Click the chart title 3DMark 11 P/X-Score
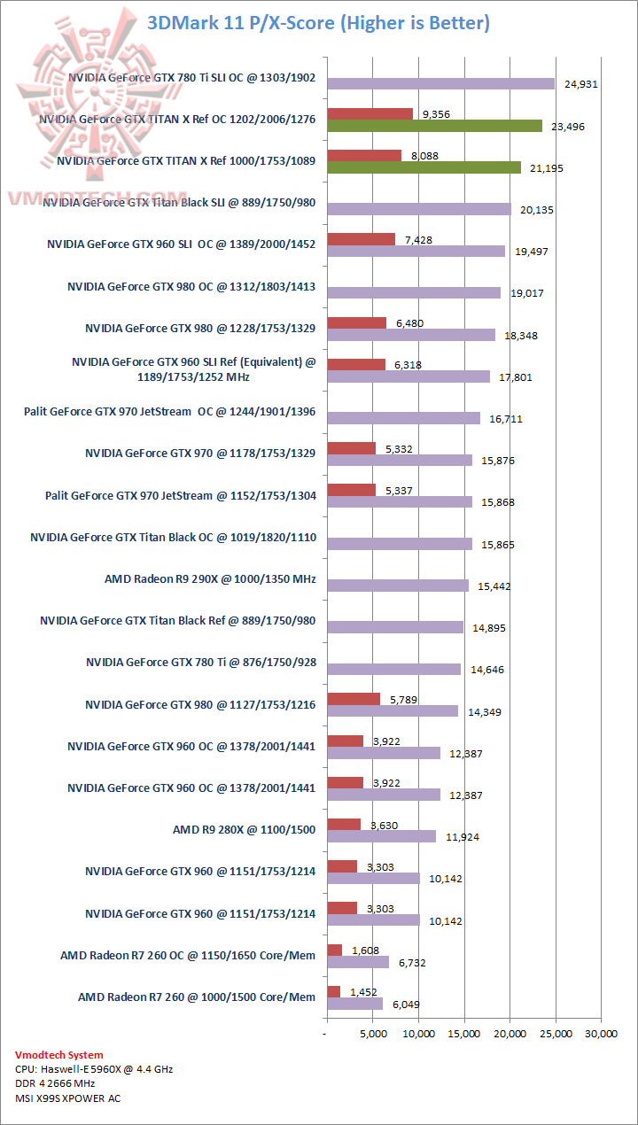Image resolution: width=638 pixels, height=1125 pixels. tap(318, 22)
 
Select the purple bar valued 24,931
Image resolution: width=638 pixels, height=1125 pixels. tap(440, 84)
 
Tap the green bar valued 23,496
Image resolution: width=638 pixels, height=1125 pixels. tap(434, 126)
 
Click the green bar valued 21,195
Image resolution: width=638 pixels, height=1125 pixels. tap(424, 167)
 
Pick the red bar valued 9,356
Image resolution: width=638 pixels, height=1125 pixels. tap(370, 113)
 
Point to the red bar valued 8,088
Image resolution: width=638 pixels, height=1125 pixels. tap(364, 155)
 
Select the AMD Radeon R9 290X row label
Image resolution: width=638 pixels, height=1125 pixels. tap(210, 579)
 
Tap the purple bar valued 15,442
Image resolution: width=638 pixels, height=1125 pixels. tap(398, 586)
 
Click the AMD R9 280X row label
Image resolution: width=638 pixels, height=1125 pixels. tap(244, 830)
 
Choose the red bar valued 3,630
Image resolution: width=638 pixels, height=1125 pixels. tap(344, 824)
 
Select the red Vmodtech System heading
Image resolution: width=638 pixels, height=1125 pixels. tap(59, 1055)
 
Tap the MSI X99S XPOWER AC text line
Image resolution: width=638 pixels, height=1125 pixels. tap(68, 1098)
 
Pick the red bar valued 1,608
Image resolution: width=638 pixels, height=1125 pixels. tap(334, 950)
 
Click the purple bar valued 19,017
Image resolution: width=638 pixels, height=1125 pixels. tap(414, 293)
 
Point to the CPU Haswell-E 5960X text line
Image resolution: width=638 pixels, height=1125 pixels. tap(94, 1069)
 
